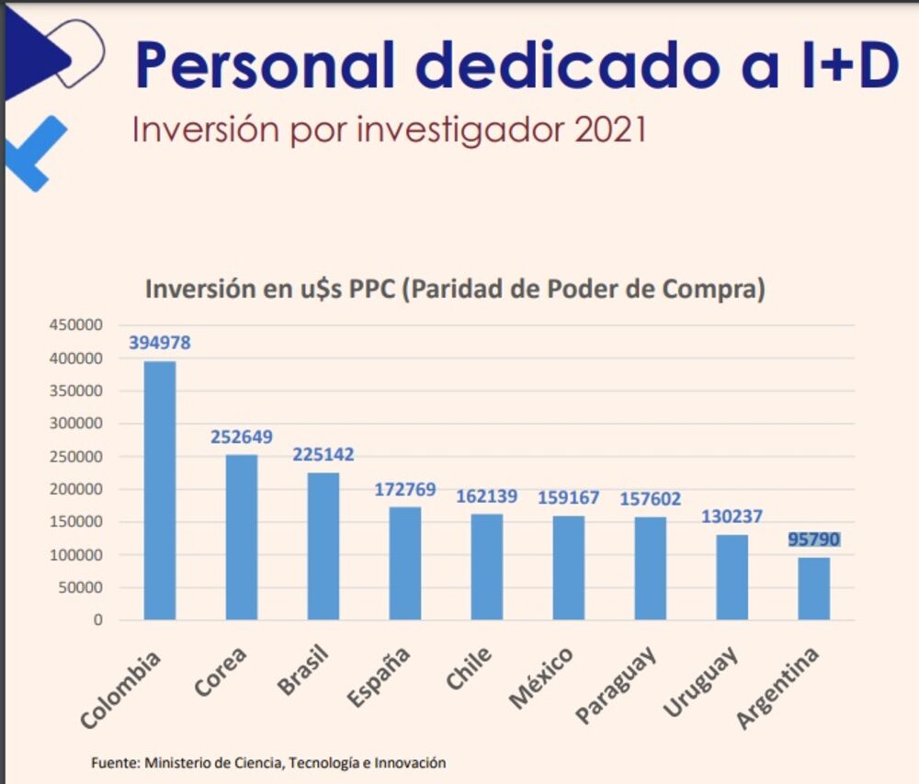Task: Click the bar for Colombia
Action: coord(160,491)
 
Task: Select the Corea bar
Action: coord(242,538)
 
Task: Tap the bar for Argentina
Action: coord(813,588)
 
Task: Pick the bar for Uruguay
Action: coord(732,577)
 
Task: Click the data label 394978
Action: coord(160,343)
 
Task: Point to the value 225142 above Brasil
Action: coord(323,454)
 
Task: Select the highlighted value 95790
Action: coord(813,540)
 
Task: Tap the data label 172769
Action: coord(405,489)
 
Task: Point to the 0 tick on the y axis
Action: coord(97,620)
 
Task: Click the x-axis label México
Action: coord(541,679)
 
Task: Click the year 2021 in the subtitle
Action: coord(610,130)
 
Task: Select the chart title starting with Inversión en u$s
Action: coord(455,289)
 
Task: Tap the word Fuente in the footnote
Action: coord(114,763)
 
